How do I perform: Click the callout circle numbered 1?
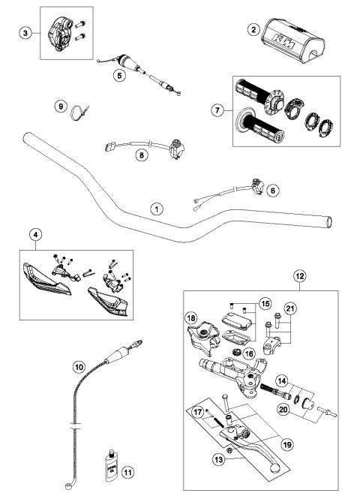(x=156, y=209)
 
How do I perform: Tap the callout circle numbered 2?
(x=254, y=29)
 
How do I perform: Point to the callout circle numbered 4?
(x=34, y=234)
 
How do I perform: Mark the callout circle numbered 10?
(x=79, y=367)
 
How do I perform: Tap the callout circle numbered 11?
(x=128, y=472)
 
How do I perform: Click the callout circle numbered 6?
(x=272, y=191)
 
